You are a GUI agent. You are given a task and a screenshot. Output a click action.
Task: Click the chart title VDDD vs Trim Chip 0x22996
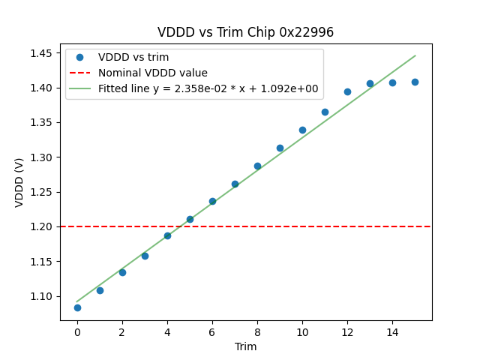coord(245,32)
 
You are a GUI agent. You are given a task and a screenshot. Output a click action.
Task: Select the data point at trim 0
coord(77,307)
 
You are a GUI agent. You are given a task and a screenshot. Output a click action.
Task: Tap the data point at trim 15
coord(415,82)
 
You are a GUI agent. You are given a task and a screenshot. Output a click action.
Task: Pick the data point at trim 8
coord(257,166)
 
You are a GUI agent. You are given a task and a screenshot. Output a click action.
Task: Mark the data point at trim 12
coord(347,91)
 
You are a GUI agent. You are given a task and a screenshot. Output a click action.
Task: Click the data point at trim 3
coord(145,256)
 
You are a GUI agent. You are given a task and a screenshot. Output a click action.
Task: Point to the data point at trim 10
coord(302,130)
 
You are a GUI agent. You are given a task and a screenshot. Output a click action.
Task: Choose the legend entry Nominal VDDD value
coord(152,73)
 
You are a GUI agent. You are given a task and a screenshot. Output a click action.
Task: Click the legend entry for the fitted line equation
coord(208,88)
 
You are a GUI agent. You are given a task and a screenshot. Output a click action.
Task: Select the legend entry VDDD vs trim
coord(133,57)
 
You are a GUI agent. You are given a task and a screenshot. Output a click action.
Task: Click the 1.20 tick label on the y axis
coord(42,226)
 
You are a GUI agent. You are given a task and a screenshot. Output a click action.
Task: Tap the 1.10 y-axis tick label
coord(42,296)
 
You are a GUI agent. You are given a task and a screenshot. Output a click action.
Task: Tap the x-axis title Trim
coord(245,346)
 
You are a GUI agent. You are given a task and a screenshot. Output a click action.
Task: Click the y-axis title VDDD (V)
coord(19,181)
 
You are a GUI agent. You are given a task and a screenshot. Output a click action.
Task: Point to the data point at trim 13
coord(370,83)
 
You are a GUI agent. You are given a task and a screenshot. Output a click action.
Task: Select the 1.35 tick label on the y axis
coord(42,122)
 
